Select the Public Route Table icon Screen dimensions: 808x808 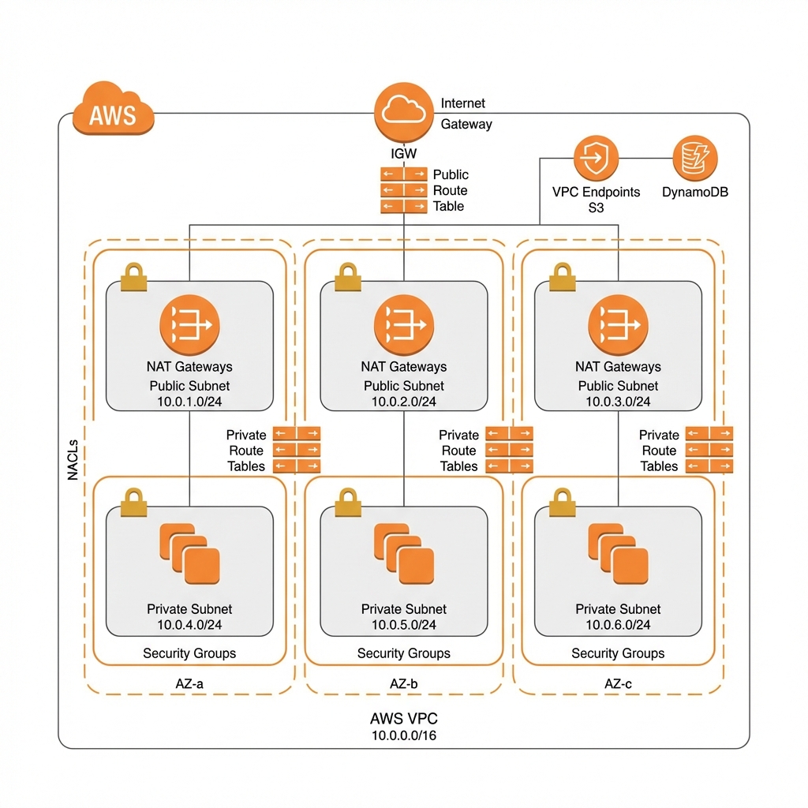[x=403, y=190]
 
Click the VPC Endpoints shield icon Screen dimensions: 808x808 [x=596, y=158]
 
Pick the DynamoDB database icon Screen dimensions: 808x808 [x=695, y=158]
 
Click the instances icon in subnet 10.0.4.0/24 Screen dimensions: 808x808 [x=189, y=552]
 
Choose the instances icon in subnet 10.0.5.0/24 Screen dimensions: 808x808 [x=404, y=552]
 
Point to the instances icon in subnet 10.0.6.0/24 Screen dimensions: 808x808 [x=618, y=552]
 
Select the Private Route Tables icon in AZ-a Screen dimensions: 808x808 [x=296, y=450]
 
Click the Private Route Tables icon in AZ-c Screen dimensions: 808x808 [x=709, y=450]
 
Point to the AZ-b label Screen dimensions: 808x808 [x=403, y=684]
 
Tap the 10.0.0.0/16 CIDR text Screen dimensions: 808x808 [x=403, y=735]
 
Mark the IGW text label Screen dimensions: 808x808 [x=403, y=154]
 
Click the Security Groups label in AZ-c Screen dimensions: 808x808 [x=618, y=653]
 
